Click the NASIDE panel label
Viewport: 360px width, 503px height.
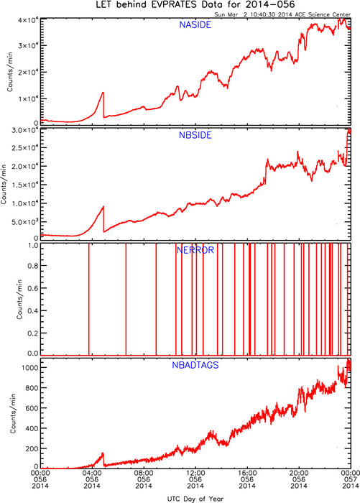195,24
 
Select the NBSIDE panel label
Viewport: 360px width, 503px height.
195,135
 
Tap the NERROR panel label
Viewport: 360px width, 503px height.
195,250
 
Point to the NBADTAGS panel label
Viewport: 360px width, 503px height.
195,365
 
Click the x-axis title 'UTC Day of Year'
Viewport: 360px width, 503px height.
195,499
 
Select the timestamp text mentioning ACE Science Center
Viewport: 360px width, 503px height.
282,14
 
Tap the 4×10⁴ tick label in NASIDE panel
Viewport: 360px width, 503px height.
28,20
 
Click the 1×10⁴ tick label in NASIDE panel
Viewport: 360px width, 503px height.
28,98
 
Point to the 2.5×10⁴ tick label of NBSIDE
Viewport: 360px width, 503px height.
25,147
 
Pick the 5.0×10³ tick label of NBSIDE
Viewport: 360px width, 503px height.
25,221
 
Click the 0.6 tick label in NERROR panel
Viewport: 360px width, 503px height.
33,288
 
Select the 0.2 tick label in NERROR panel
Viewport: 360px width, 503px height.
33,333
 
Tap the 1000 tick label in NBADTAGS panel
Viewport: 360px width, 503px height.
30,368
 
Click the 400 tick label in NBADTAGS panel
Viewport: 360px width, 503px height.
32,428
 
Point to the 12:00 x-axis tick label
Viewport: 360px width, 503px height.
195,473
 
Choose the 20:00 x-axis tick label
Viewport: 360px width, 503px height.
299,473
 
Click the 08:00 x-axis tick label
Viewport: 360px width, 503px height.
144,473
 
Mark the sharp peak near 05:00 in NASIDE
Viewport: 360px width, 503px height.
103,93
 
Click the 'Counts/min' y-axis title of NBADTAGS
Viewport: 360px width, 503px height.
13,413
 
